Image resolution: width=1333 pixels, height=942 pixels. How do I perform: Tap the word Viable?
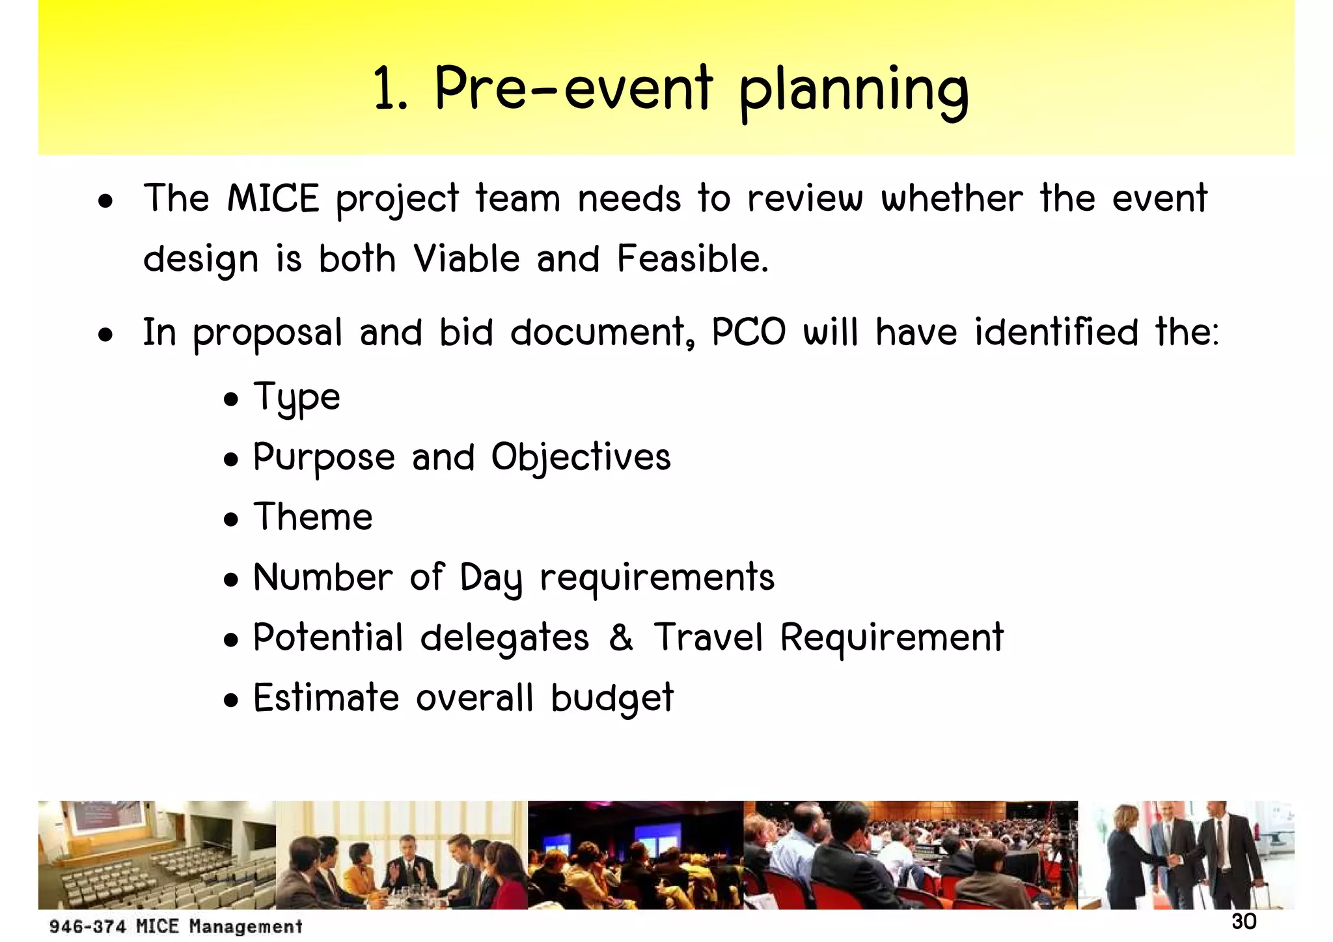tap(467, 258)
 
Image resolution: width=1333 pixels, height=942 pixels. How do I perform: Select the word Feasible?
tap(693, 258)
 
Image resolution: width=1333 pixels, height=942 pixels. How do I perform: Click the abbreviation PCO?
tap(749, 332)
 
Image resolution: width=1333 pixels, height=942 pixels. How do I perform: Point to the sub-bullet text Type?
tap(296, 397)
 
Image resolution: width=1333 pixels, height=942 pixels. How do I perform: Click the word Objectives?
tap(581, 457)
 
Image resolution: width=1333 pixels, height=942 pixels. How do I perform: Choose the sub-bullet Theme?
tap(312, 517)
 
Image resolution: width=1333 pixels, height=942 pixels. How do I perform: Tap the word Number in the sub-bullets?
tap(323, 577)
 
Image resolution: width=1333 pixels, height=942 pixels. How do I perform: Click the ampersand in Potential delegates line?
tap(621, 637)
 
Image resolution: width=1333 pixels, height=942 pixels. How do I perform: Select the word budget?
tap(612, 699)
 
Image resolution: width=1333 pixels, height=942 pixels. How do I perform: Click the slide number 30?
tap(1244, 922)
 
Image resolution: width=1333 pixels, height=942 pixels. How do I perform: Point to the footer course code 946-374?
tap(87, 926)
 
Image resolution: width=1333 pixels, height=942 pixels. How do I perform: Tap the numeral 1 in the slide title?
tap(385, 89)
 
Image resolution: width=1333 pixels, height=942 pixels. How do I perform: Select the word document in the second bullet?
tap(602, 332)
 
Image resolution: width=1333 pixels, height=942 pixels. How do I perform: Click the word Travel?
tap(708, 637)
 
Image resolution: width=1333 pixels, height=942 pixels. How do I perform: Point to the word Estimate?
tap(325, 699)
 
